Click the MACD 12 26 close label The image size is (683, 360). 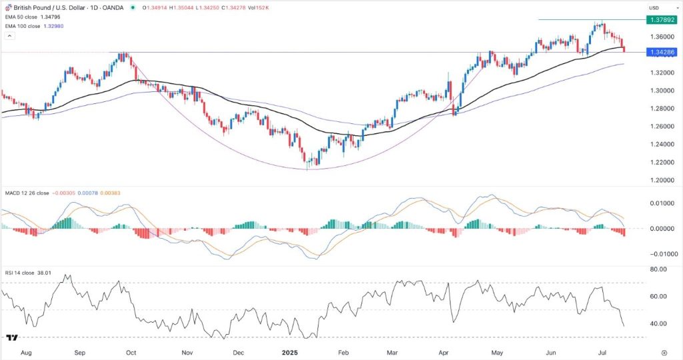coord(27,193)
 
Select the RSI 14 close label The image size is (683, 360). coord(21,273)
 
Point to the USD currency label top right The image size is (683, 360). coord(653,7)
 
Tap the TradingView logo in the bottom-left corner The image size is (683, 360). coord(11,338)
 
